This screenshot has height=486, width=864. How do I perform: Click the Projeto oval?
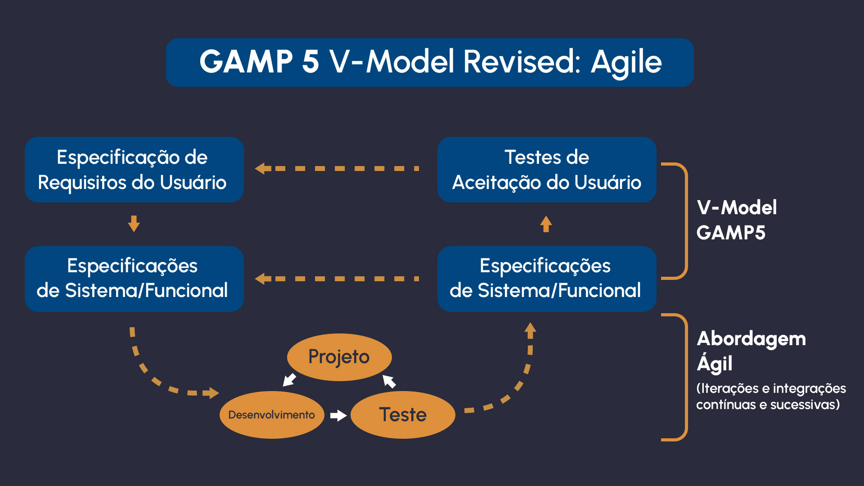click(339, 357)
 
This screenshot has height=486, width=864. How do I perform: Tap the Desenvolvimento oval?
click(272, 414)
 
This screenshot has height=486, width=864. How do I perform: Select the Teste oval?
click(403, 414)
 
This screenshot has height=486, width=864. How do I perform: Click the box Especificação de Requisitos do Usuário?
click(134, 170)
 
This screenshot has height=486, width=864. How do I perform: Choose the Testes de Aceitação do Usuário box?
click(547, 170)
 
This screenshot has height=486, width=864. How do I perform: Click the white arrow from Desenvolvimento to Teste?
click(338, 415)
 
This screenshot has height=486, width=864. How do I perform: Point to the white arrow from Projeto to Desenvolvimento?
click(289, 380)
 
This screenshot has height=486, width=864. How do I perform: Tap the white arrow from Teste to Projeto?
click(389, 381)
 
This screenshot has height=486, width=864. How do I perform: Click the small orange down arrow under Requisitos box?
click(134, 224)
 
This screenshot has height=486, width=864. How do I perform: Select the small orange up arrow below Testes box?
click(546, 224)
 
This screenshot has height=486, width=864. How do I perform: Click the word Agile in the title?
click(626, 62)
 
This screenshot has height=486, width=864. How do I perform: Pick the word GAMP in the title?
click(246, 62)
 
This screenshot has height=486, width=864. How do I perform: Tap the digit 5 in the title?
click(310, 62)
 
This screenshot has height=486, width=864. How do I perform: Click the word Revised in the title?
click(522, 62)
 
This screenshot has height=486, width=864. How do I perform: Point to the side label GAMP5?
click(731, 233)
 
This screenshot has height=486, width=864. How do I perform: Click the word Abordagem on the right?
click(751, 339)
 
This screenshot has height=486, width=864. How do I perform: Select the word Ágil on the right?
click(715, 363)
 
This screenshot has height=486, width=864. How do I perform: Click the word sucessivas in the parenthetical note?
click(805, 405)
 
